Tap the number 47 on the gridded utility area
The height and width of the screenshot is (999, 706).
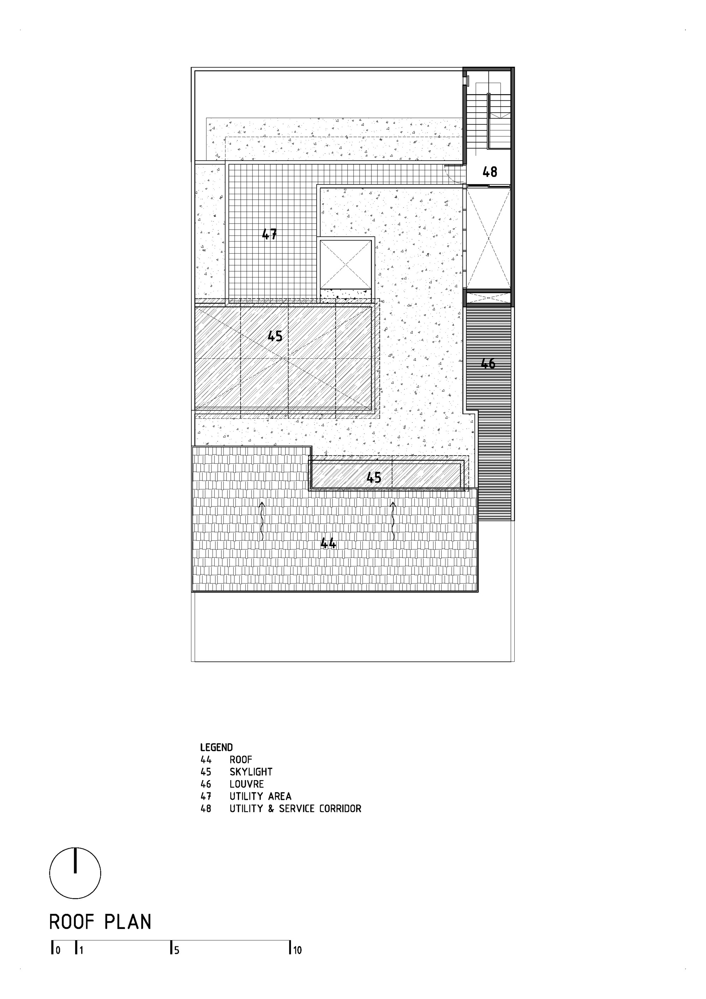click(x=269, y=234)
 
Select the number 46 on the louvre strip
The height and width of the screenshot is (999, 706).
click(x=488, y=363)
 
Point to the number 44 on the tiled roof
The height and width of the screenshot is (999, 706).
click(x=328, y=543)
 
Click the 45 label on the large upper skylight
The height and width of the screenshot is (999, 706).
click(x=275, y=336)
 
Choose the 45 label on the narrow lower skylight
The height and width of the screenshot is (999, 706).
click(x=374, y=478)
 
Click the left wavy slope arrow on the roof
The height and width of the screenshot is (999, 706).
click(x=262, y=521)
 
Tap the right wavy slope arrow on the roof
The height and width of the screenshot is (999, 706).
click(x=393, y=521)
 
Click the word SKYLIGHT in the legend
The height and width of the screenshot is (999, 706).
click(x=251, y=772)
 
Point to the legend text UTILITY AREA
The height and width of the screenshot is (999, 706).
click(x=260, y=796)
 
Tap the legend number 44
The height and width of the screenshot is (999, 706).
click(x=206, y=759)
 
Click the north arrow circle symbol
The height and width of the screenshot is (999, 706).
click(x=75, y=873)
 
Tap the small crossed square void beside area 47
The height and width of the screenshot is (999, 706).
click(x=346, y=264)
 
